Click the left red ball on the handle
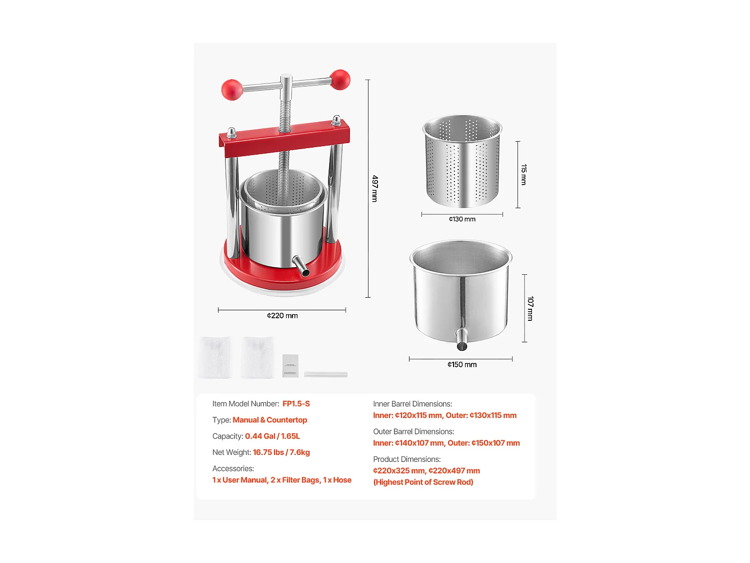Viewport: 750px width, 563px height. (x=232, y=90)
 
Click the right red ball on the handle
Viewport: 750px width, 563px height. (x=340, y=80)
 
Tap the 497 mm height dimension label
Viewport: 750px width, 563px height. (x=375, y=189)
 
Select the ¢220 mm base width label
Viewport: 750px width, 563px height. (x=282, y=316)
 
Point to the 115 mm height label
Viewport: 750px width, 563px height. (x=523, y=175)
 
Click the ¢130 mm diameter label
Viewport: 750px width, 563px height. (x=462, y=219)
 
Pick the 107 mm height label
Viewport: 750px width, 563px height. (x=530, y=308)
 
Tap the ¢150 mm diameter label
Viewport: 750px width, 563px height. (x=462, y=365)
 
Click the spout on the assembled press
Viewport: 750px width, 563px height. (x=301, y=266)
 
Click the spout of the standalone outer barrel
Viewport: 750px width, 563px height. (x=462, y=340)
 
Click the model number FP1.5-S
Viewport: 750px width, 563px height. (x=296, y=404)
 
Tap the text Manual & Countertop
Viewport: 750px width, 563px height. (x=269, y=420)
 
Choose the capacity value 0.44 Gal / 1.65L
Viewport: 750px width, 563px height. (x=272, y=436)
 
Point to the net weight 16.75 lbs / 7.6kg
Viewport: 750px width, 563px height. (x=281, y=452)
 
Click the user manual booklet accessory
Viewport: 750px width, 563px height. (x=290, y=366)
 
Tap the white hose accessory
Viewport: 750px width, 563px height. (x=325, y=374)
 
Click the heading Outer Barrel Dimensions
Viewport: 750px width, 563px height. (x=413, y=431)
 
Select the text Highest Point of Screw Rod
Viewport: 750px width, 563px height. (x=423, y=482)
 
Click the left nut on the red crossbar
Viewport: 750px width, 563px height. (x=231, y=133)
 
